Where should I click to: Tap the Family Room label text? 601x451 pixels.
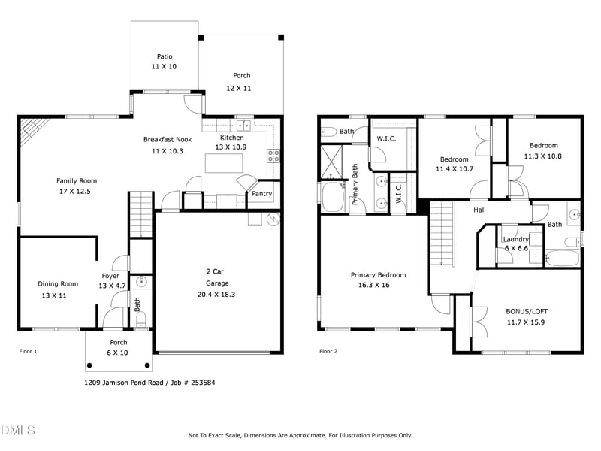77,180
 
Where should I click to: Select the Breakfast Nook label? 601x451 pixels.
164,140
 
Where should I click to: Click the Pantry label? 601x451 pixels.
261,194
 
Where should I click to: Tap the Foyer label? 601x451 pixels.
112,275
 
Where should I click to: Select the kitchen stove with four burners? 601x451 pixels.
274,156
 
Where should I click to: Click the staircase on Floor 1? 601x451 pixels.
140,213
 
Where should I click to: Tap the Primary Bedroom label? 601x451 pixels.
378,275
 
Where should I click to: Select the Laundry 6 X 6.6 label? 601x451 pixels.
516,244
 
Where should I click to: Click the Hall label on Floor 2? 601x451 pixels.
479,210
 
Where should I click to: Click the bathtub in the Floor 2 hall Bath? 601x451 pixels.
561,258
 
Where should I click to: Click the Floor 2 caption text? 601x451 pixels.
328,351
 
